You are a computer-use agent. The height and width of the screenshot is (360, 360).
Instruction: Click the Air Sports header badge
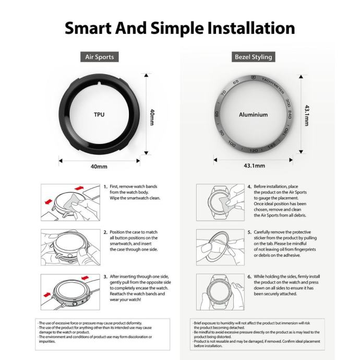(x=100, y=57)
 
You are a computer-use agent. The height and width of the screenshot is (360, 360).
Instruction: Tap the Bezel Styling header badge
(x=253, y=57)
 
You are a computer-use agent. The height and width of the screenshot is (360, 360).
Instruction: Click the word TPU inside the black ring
(x=99, y=114)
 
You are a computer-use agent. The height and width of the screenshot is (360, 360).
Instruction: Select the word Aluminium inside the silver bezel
(x=253, y=115)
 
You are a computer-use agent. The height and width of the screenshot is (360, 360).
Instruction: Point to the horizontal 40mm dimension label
(x=99, y=166)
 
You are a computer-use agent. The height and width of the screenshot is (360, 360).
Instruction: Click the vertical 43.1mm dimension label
(x=307, y=115)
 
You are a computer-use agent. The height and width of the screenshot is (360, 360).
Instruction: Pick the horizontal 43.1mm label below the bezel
(x=255, y=165)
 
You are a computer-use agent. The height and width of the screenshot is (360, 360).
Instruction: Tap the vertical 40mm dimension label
(x=152, y=117)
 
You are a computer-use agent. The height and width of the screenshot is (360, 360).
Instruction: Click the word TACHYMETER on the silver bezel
(x=273, y=86)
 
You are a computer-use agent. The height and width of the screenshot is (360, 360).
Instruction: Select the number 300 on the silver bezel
(x=288, y=103)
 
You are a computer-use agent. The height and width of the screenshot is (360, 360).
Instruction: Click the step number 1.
(x=105, y=187)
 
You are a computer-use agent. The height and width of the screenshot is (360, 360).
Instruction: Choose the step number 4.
(x=249, y=187)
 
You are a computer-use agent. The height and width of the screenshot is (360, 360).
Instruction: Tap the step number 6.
(x=249, y=277)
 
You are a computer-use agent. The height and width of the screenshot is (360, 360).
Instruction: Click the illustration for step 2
(x=70, y=247)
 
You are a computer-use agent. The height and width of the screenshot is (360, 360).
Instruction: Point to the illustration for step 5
(x=220, y=247)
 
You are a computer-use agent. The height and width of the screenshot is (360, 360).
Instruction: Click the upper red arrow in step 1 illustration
(x=79, y=188)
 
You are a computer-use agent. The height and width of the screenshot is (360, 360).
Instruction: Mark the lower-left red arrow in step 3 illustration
(x=47, y=294)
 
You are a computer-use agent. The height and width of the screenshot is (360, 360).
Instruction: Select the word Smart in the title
(x=88, y=28)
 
